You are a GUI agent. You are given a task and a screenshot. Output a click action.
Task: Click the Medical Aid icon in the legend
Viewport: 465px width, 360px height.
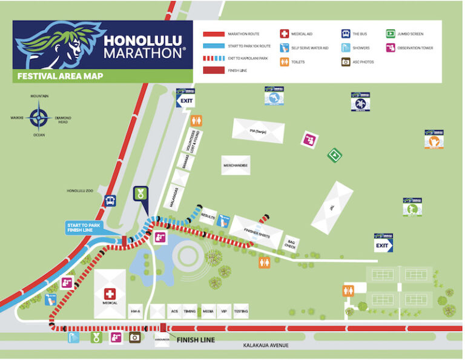click(284, 34)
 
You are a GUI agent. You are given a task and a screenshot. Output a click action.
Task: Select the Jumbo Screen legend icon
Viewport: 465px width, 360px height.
click(391, 34)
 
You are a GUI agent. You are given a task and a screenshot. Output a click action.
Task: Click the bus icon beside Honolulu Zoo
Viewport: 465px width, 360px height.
click(111, 201)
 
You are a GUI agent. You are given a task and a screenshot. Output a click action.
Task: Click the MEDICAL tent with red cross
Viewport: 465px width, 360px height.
click(110, 294)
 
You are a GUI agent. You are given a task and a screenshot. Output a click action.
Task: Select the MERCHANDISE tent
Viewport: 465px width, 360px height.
click(236, 165)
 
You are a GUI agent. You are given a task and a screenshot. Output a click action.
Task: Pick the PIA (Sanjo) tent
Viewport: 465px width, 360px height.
click(258, 130)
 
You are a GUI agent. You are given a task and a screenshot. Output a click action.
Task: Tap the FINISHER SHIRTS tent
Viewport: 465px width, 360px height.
click(256, 232)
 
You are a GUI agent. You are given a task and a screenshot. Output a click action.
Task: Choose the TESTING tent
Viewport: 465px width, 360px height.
click(240, 310)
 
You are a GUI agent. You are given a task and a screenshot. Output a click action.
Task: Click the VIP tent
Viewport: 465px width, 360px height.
click(224, 310)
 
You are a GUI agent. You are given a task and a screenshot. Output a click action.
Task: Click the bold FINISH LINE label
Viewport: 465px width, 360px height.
click(196, 339)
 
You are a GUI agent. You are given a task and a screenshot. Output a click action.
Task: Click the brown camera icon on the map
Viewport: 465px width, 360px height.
click(134, 337)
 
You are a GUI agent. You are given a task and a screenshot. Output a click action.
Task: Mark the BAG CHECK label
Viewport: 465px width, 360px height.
click(291, 243)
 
